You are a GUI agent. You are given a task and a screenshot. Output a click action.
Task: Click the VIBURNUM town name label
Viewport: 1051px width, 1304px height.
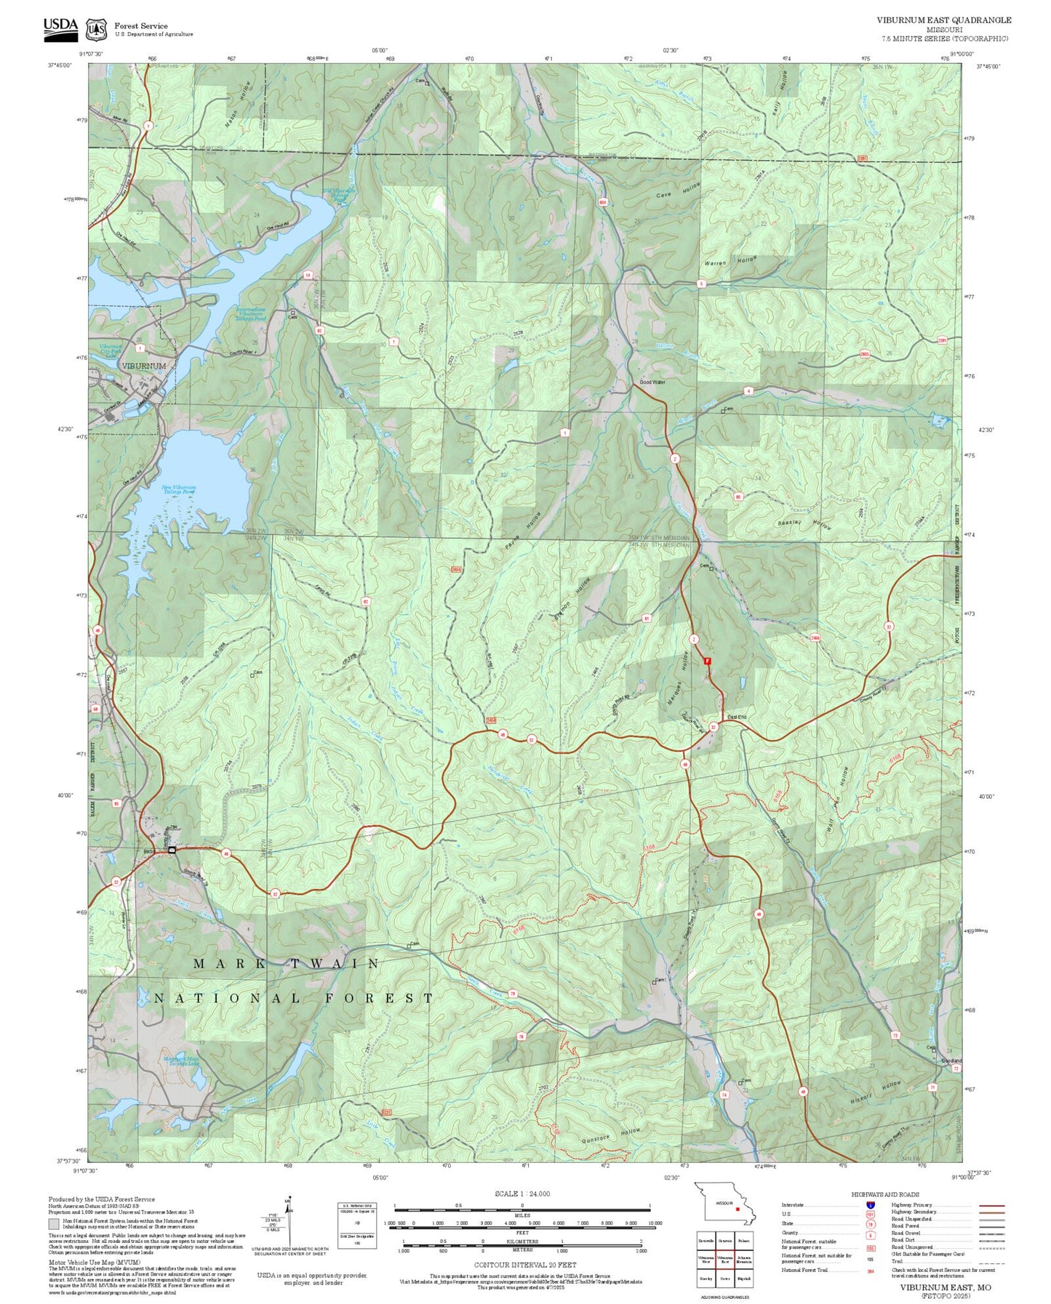(x=144, y=366)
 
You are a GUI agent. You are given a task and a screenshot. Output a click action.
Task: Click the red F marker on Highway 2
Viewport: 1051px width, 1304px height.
(x=707, y=661)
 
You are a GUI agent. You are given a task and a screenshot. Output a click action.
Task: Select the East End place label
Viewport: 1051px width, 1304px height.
(x=737, y=717)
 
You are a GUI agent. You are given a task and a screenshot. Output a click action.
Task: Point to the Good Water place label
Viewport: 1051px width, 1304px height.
(x=652, y=382)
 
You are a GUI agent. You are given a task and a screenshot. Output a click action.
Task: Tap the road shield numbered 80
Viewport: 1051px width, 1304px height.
(x=738, y=497)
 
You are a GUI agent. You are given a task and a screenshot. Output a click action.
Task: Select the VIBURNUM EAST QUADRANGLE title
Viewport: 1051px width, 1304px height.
(x=943, y=20)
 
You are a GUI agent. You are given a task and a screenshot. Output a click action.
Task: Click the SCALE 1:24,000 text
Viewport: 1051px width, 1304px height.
(x=521, y=1194)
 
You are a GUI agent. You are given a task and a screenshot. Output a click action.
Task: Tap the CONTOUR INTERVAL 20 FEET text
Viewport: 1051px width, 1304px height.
(x=521, y=1265)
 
